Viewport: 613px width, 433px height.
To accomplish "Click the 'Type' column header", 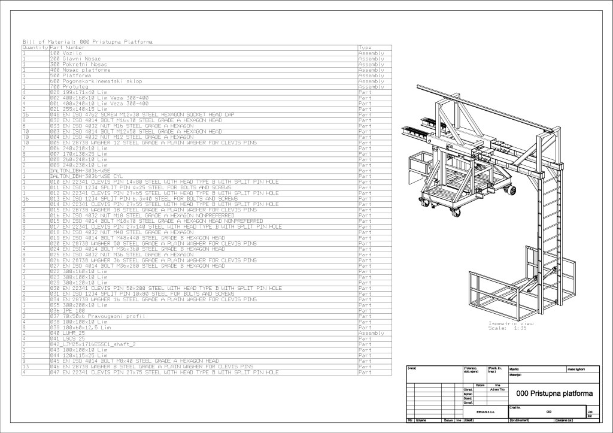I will pos(365,47).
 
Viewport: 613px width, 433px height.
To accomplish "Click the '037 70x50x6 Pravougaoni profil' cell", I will pos(90,316).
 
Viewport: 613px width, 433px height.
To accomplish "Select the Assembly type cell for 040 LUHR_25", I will pos(371,333).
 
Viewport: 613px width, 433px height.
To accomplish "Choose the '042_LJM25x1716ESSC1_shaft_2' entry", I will pos(93,344).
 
